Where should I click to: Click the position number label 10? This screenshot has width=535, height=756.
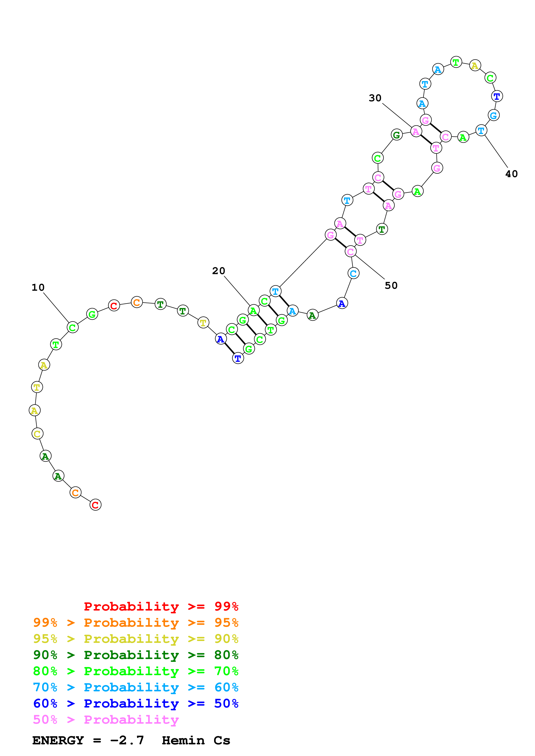38,287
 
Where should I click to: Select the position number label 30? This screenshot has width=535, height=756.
375,98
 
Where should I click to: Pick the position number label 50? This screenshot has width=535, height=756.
391,286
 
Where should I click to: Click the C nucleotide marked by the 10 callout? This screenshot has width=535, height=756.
73,327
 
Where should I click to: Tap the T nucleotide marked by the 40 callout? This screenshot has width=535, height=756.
481,131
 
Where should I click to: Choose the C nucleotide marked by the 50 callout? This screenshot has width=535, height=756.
350,251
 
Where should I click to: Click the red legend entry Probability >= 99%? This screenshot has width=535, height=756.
161,606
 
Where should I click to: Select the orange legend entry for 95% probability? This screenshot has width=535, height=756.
136,623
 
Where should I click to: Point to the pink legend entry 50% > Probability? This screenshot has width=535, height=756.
106,719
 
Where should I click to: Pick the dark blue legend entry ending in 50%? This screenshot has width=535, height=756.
136,703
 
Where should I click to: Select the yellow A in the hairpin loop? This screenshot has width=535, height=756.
475,66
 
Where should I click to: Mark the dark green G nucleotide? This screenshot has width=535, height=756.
396,135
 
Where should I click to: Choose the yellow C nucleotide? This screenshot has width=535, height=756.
37,434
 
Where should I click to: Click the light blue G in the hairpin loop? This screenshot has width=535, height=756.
494,115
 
